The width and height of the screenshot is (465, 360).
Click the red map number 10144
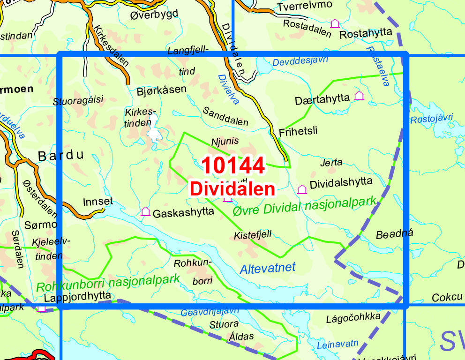point(233,165)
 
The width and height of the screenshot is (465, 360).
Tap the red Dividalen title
point(232,188)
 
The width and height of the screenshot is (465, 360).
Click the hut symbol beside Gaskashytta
point(146,212)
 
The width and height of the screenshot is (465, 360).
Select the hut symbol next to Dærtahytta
point(359,96)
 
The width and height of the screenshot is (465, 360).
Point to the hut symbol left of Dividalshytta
point(302,189)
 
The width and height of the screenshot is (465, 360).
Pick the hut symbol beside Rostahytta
point(335,23)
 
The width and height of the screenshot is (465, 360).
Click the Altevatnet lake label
point(267,268)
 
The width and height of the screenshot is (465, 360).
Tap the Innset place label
point(97,202)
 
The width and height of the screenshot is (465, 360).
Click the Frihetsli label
point(298,131)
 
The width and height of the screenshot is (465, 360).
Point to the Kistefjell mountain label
point(253,234)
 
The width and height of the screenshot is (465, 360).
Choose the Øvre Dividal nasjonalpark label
point(305,207)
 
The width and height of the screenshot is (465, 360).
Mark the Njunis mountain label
point(225,141)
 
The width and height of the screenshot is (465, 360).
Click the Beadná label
point(391,235)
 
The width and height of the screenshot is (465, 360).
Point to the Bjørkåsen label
point(162,89)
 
